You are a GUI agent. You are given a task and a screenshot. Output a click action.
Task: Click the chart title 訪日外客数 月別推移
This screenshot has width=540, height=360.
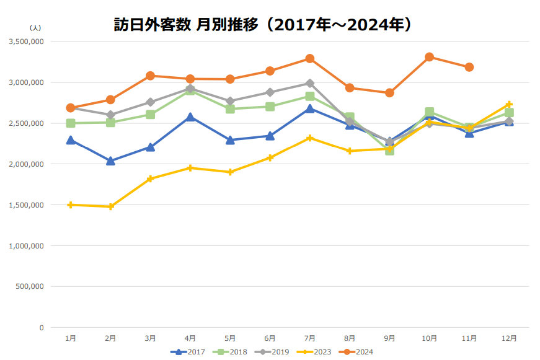[x=263, y=25]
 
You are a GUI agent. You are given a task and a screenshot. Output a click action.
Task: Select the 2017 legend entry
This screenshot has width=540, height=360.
[x=188, y=352]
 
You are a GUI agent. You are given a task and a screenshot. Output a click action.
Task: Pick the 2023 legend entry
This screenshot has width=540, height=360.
[x=314, y=352]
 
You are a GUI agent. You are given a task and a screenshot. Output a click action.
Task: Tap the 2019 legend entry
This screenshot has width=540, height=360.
[x=272, y=352]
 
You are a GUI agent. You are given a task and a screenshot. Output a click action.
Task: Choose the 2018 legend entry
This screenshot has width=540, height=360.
[x=230, y=352]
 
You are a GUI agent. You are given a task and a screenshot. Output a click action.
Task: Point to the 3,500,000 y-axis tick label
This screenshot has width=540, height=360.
[x=26, y=42]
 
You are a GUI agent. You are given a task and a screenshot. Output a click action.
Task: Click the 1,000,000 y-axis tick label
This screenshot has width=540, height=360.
[x=26, y=246]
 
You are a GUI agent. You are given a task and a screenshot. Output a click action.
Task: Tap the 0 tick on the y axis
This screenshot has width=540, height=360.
[x=42, y=328]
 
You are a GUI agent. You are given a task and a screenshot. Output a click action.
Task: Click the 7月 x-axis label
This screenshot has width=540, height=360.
[x=310, y=338]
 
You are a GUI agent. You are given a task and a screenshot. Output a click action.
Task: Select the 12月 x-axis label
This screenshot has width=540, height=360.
[x=509, y=338]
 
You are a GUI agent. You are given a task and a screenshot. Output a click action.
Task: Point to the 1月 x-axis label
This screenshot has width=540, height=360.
[x=71, y=338]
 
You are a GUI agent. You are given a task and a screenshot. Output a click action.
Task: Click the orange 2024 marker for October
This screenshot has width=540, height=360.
[x=429, y=57]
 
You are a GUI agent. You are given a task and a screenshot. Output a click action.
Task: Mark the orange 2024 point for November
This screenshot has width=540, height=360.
[x=469, y=67]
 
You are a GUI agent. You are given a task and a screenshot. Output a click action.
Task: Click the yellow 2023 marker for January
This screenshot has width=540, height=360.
[x=71, y=204]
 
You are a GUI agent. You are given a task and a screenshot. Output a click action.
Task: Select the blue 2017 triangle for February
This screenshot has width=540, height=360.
[x=110, y=161]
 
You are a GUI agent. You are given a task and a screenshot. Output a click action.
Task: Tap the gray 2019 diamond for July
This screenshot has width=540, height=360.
[x=310, y=83]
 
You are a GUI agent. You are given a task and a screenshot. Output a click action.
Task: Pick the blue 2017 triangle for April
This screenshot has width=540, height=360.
[x=190, y=117]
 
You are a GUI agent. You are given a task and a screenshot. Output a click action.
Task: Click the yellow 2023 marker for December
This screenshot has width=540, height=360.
[x=509, y=104]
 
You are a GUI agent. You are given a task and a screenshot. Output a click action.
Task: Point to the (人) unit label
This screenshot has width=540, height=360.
[x=35, y=29]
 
